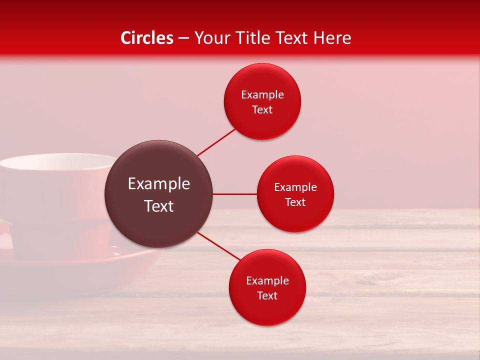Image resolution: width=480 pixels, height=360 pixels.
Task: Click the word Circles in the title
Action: click(146, 38)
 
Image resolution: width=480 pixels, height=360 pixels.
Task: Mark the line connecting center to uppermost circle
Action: click(216, 142)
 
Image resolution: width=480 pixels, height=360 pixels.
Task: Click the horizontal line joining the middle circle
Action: click(234, 194)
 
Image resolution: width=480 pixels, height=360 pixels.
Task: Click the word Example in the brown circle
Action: click(158, 184)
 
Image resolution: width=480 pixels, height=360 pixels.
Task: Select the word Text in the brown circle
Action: click(158, 206)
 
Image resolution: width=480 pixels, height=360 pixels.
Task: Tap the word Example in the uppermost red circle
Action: click(262, 95)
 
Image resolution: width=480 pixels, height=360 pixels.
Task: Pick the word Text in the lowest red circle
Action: click(267, 295)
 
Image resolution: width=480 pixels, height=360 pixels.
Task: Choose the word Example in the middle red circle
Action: click(295, 187)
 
